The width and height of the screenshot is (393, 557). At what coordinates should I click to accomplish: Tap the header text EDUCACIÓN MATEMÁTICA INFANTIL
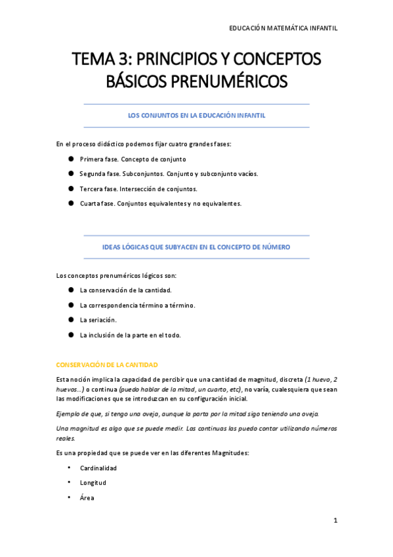point(283,28)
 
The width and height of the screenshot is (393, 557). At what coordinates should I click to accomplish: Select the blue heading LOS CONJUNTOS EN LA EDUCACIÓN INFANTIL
point(196,115)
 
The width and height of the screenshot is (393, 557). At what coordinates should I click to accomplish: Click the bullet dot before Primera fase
point(70,159)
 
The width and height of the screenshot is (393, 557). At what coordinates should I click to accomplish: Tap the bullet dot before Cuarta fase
point(70,203)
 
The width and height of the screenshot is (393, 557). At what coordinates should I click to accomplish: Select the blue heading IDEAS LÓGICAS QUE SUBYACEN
point(196,247)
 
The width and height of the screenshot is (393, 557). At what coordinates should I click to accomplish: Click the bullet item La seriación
point(98,320)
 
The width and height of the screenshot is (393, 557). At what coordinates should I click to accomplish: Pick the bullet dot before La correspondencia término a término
point(70,305)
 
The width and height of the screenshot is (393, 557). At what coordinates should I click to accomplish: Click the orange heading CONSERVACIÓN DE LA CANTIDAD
point(107,365)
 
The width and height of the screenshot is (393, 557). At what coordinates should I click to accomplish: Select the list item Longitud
point(93,483)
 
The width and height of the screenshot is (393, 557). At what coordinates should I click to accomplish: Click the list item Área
point(87,498)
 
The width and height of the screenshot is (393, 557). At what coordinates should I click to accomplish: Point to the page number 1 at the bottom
point(335,521)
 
